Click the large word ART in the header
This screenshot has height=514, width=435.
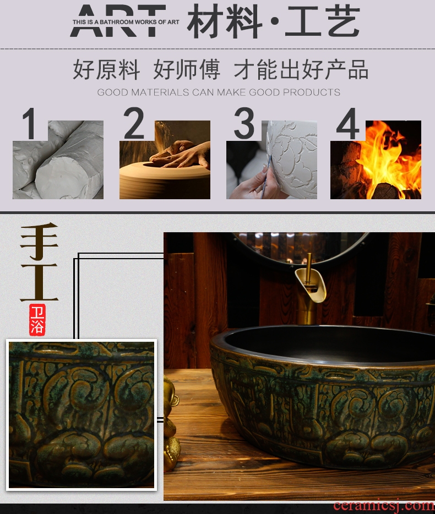pos(118,20)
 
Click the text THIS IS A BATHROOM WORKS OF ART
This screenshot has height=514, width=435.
pos(126,22)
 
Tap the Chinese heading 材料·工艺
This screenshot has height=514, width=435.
pos(274,21)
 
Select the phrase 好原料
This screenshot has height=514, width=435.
pos(106,69)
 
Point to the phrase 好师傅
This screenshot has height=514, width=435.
pos(187,69)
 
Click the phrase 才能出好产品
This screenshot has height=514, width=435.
pos(301,69)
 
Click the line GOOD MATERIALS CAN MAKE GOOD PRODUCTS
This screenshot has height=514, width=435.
pos(219,92)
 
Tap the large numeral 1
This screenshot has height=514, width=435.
pos(30,124)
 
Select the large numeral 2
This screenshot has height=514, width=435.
pos(134,123)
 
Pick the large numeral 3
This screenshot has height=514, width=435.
pos(244,123)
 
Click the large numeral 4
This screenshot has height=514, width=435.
pos(348,123)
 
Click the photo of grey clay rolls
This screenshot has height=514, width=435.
pos(58,160)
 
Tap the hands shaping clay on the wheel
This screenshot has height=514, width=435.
pos(180,154)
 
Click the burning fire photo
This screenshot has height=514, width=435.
pos(376,160)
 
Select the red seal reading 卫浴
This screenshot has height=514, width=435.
pos(37,320)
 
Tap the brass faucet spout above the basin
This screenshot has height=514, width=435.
pos(311,283)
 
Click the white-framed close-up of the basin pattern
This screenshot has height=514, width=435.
pos(81,415)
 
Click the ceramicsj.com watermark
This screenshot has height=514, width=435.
pos(384,506)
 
